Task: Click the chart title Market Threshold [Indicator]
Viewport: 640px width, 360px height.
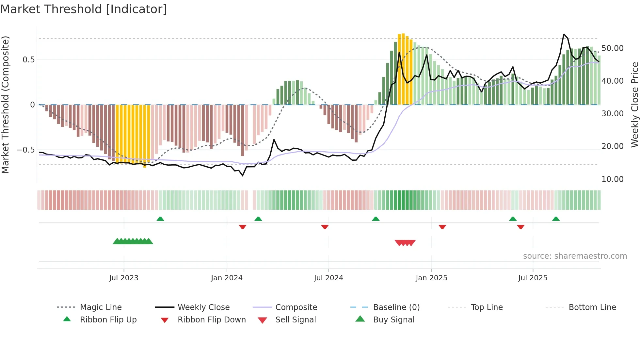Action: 84,9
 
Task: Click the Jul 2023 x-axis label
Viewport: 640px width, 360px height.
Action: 124,278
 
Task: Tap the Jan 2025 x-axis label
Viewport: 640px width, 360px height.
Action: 431,278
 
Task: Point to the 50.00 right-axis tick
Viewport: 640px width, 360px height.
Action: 612,48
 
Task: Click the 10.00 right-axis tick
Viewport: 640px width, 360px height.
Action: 612,179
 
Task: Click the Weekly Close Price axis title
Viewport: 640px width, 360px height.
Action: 634,105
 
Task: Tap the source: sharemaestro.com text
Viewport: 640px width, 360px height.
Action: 575,256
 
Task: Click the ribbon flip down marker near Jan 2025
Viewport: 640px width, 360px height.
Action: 442,227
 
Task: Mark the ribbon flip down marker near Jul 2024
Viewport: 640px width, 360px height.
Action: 325,227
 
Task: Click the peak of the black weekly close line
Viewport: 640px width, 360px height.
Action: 564,34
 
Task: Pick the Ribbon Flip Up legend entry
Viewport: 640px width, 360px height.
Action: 108,320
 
